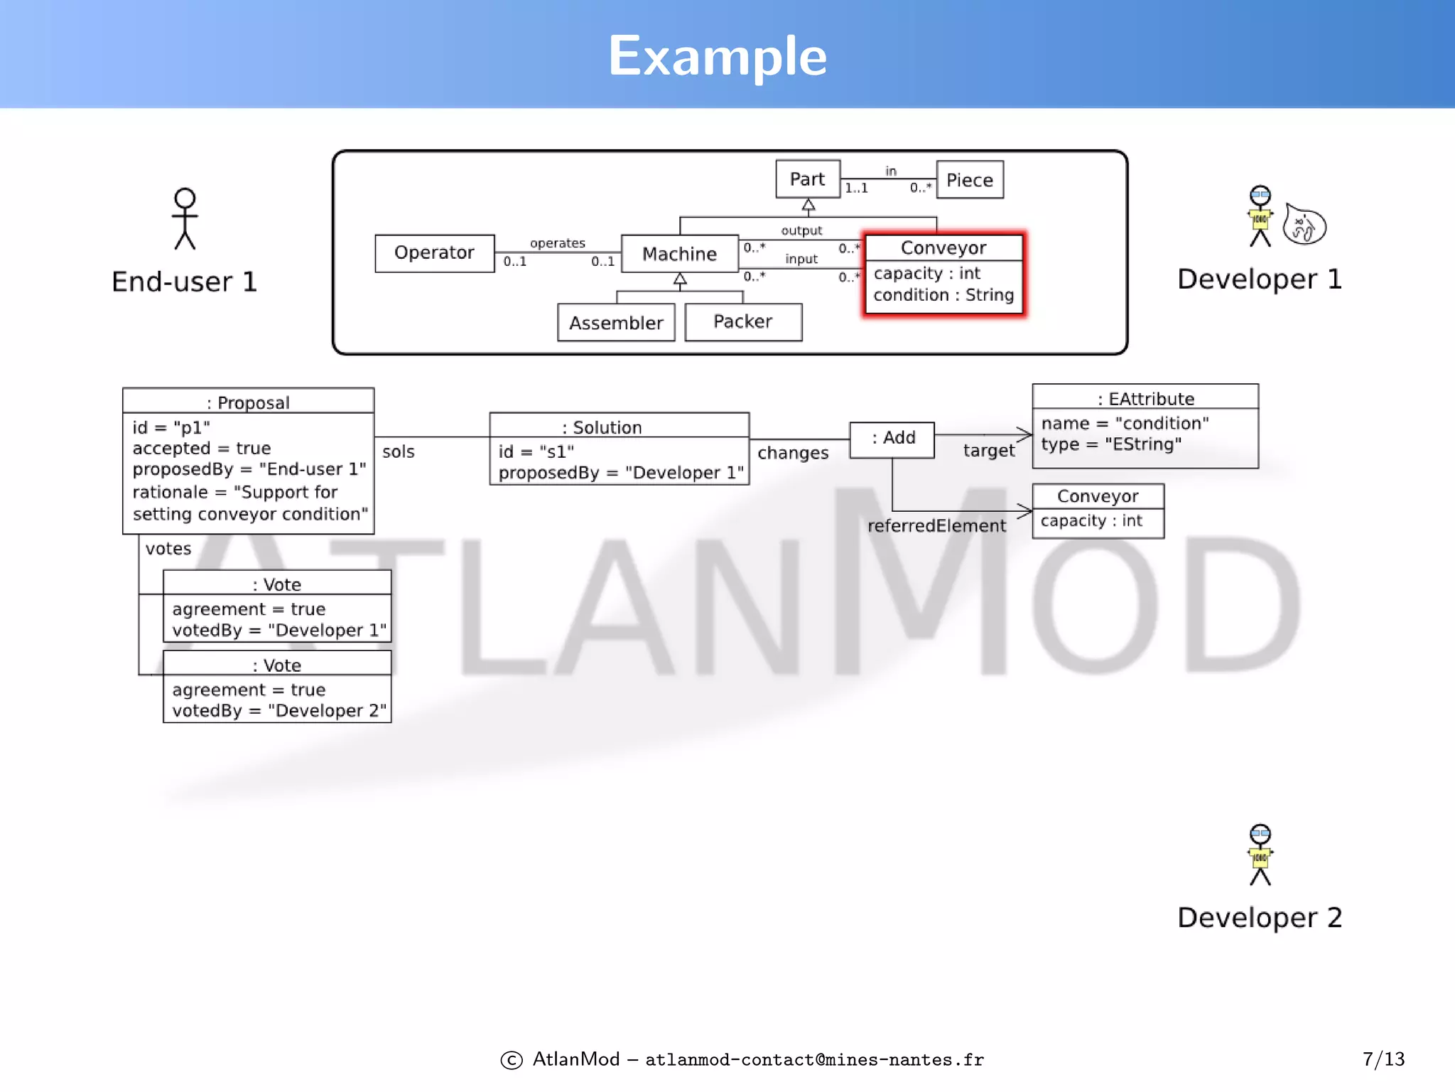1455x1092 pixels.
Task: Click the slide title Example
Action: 718,56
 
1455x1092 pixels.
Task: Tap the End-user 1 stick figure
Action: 185,219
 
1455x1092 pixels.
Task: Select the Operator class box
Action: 434,253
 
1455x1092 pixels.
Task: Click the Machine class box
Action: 679,254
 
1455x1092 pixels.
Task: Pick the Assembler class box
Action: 616,323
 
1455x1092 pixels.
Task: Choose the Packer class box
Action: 743,322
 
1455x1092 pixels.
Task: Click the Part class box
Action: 808,179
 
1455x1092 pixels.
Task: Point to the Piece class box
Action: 970,180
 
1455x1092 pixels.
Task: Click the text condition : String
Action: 943,295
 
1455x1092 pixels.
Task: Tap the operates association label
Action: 558,243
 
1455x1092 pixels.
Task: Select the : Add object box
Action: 892,439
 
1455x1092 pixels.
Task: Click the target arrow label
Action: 989,451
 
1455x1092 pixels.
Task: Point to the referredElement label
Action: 936,526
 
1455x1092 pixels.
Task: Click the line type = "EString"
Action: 1111,445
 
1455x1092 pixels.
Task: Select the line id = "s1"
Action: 536,452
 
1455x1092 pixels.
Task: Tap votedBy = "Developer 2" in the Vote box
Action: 279,711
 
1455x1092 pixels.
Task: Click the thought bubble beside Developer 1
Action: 1304,226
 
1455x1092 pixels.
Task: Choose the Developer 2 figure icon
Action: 1260,855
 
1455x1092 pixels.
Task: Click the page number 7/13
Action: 1383,1059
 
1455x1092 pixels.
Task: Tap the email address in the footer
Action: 814,1060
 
